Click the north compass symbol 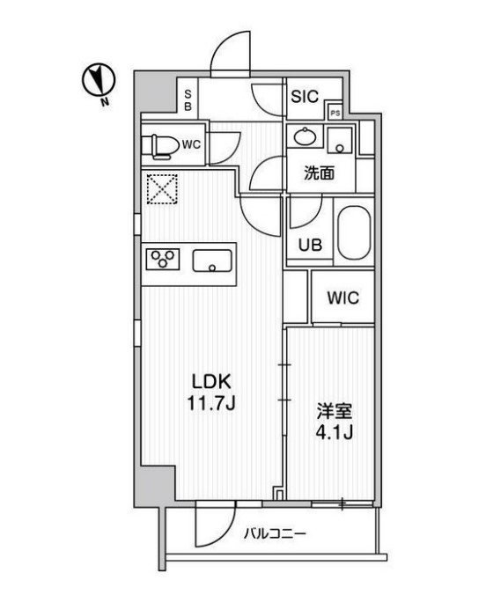click(x=99, y=80)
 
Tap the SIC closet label click(x=305, y=97)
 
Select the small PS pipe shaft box click(x=335, y=113)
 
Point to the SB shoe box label click(x=188, y=100)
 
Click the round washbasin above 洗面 click(x=306, y=137)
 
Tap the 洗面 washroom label click(x=319, y=173)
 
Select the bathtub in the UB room click(x=354, y=233)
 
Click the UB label click(x=310, y=246)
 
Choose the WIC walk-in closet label click(x=342, y=297)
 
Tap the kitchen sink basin click(x=212, y=261)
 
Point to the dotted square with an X click(x=162, y=189)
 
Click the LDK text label click(x=211, y=382)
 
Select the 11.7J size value click(x=211, y=403)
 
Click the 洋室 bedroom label click(x=335, y=411)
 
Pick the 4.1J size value click(x=335, y=432)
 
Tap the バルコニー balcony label click(x=275, y=534)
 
